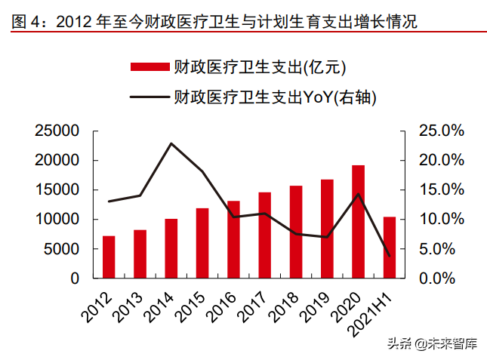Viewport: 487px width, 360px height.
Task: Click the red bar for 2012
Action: pos(109,257)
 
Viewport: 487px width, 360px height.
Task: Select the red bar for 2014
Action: pos(171,248)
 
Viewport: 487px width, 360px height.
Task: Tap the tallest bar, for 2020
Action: pos(358,222)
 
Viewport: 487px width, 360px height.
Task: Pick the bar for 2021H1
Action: pos(390,248)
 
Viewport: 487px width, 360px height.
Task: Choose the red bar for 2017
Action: pos(265,235)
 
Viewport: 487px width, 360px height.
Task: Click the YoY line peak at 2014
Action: pos(171,143)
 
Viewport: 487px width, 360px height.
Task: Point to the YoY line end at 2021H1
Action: pos(390,256)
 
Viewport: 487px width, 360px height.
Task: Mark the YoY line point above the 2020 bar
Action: pos(358,194)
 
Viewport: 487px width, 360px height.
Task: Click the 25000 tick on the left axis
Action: pos(57,131)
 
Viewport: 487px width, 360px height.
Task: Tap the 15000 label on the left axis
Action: pos(57,190)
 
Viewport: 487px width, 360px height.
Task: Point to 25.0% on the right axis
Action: pos(431,131)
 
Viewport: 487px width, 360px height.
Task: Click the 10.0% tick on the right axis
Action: pos(431,220)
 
